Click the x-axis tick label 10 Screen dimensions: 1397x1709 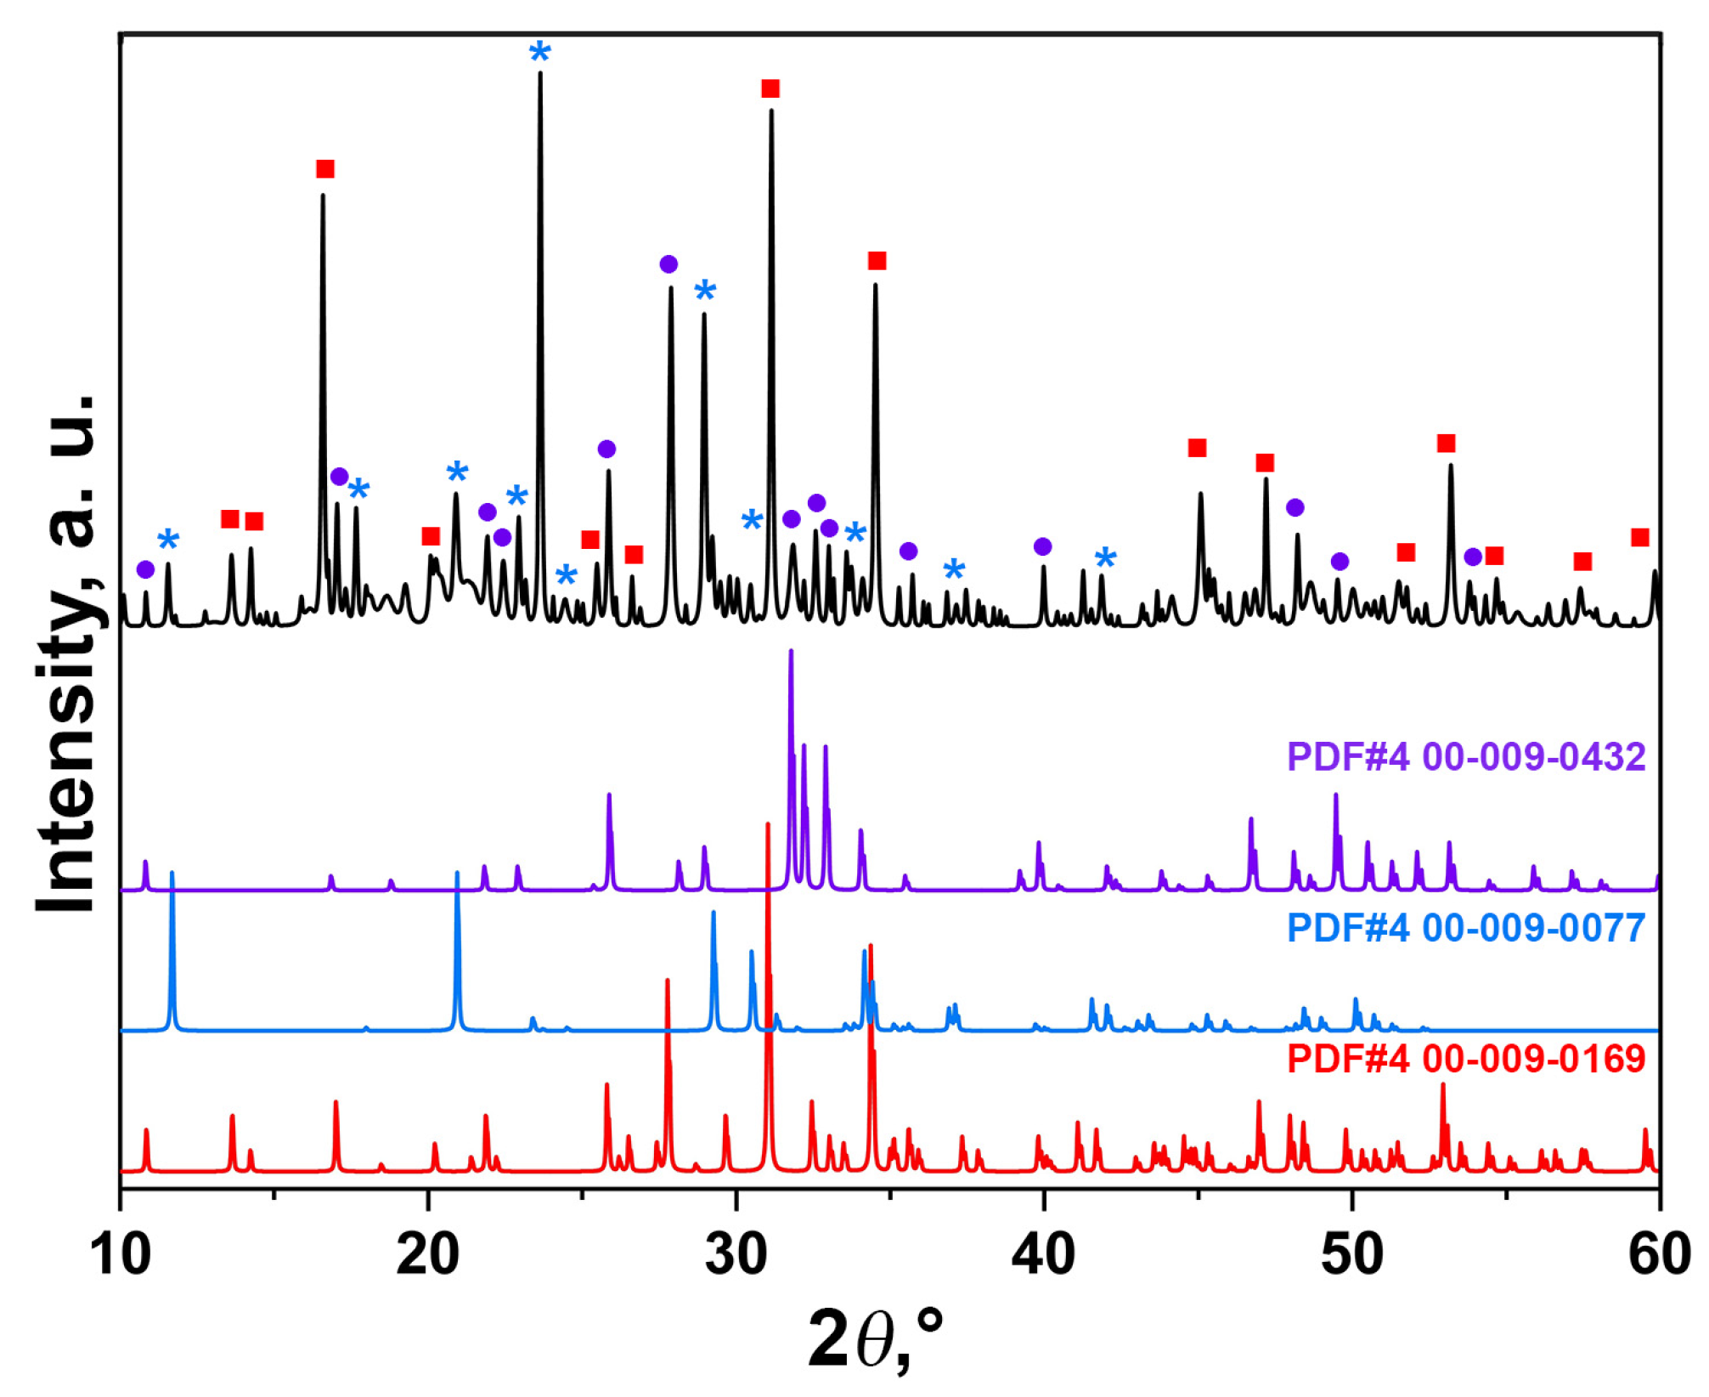tap(121, 1255)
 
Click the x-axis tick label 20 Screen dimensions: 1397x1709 tap(428, 1255)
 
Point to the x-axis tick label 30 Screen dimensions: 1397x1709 tap(736, 1255)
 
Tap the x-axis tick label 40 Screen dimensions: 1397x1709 tap(1044, 1255)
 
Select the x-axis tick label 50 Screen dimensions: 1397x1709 tap(1351, 1255)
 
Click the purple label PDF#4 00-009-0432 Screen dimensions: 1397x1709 tap(1466, 757)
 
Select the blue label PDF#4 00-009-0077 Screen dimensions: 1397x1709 tap(1466, 929)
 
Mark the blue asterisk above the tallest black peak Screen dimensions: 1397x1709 tap(540, 53)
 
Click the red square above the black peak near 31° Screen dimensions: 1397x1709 tap(770, 89)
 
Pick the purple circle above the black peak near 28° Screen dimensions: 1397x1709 tap(668, 264)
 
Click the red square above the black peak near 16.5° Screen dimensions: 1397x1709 tap(325, 169)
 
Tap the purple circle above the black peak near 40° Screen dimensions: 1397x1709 tap(1043, 546)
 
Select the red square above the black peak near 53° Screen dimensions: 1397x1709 tap(1447, 444)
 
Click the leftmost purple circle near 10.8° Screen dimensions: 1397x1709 tap(145, 569)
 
